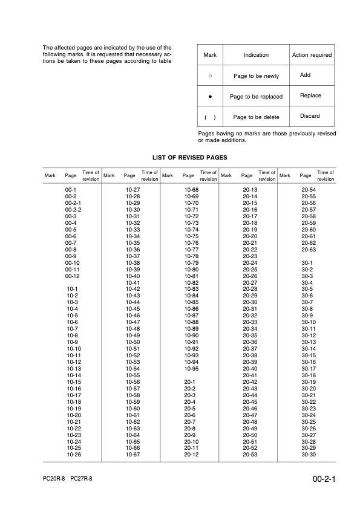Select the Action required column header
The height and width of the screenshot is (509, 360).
tap(312, 55)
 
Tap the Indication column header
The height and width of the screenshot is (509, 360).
tap(256, 55)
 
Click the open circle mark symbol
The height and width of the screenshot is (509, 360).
tap(210, 76)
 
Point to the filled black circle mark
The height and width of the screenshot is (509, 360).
tap(210, 96)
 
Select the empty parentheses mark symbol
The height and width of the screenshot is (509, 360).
tap(210, 117)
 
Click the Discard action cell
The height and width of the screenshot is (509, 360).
tap(310, 116)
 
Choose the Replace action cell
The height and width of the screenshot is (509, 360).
tap(310, 96)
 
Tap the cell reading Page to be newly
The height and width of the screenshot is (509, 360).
tap(256, 76)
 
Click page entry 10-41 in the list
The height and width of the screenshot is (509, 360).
tap(133, 283)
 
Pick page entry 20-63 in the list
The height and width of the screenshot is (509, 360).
tap(309, 250)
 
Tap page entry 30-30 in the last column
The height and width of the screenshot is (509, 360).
tap(309, 454)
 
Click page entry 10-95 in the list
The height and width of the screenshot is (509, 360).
tap(191, 368)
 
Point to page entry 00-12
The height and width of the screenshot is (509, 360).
tap(73, 276)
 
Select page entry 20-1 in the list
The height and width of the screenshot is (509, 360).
tap(189, 382)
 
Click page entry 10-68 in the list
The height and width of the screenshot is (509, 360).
tap(191, 190)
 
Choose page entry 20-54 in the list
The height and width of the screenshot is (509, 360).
tap(309, 190)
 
